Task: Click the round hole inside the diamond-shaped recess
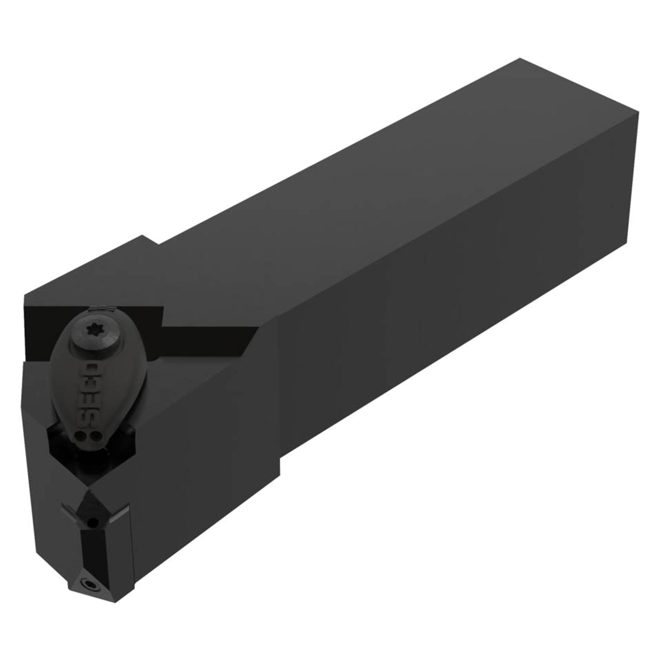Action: pyautogui.click(x=91, y=523)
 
